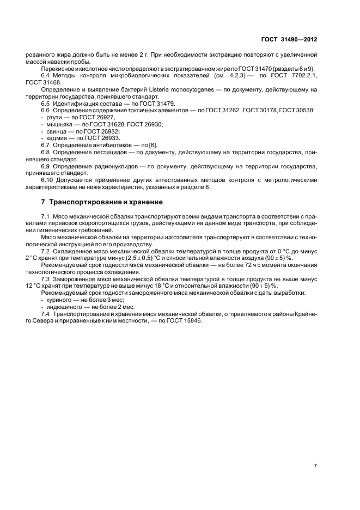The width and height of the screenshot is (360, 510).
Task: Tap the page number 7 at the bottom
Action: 315,466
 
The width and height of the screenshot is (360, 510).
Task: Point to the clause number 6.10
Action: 48,180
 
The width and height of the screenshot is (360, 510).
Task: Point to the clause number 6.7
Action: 46,145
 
